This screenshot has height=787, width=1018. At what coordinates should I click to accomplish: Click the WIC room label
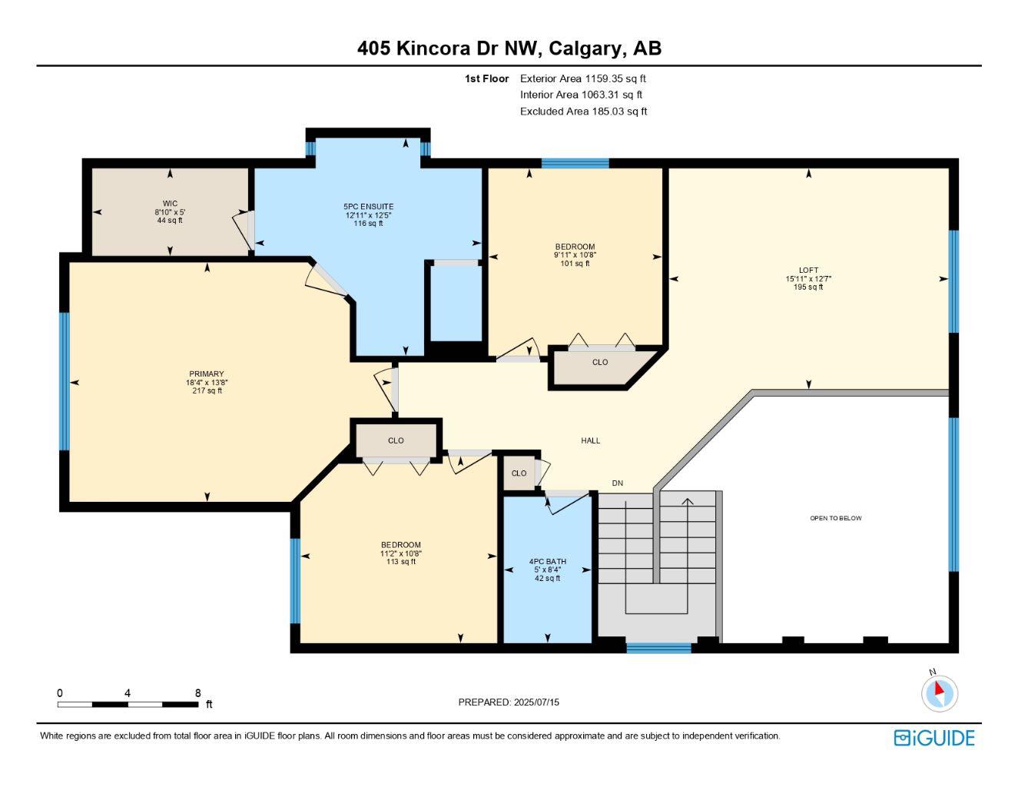(170, 204)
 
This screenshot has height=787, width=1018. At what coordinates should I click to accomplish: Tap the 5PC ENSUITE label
(368, 207)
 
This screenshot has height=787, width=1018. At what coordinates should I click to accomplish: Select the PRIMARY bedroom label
(207, 374)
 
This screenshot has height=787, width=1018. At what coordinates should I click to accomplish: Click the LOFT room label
(808, 270)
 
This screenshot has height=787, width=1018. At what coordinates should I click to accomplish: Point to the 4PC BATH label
(547, 562)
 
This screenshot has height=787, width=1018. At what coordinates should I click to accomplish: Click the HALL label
(590, 440)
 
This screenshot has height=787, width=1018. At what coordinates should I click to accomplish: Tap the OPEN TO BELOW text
(835, 518)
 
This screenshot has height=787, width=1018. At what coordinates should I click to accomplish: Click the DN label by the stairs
(617, 483)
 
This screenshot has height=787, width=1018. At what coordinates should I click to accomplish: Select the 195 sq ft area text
(808, 287)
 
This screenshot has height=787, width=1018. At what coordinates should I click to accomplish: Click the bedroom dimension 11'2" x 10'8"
(400, 553)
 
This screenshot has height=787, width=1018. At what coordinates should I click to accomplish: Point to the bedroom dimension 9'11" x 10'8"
(575, 255)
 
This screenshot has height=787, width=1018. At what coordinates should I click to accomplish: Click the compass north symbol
(939, 692)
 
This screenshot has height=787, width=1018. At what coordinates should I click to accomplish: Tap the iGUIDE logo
(933, 738)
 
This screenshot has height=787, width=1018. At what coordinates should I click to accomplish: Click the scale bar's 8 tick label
(197, 693)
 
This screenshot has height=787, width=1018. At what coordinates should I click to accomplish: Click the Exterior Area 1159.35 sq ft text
(582, 78)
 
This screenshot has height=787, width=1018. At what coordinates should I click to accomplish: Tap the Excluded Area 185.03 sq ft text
(583, 111)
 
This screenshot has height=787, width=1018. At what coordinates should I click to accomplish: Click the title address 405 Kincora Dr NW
(449, 48)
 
